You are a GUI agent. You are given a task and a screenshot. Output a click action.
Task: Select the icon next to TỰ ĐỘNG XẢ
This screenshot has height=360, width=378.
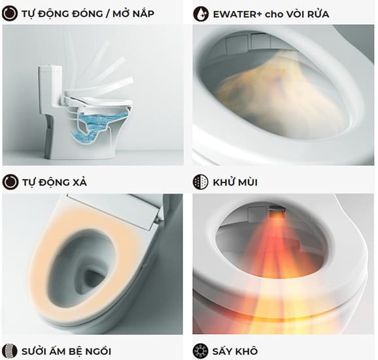(x=10, y=181)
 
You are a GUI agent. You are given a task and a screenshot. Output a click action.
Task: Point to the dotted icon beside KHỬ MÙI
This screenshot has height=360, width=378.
(x=201, y=181)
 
